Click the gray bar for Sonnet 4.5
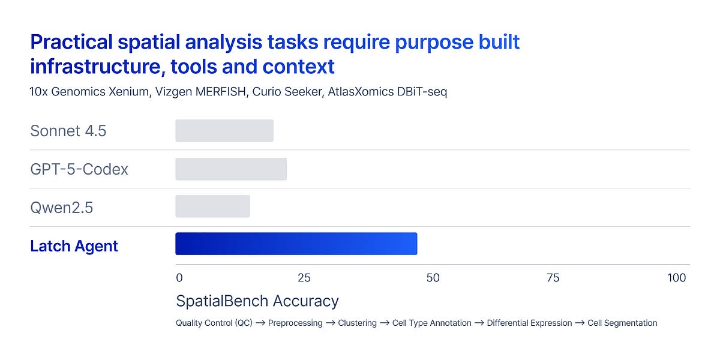224,131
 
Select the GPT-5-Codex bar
231,169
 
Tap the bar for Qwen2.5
212,207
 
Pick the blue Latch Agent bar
296,244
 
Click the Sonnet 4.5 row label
68,131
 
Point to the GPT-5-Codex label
79,169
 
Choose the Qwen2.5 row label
62,208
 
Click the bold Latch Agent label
74,246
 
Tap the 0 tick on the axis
179,278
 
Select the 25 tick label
304,278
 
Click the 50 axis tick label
433,278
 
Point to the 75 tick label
553,278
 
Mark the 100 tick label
676,278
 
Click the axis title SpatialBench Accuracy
257,301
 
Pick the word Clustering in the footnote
357,323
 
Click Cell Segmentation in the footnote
622,323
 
